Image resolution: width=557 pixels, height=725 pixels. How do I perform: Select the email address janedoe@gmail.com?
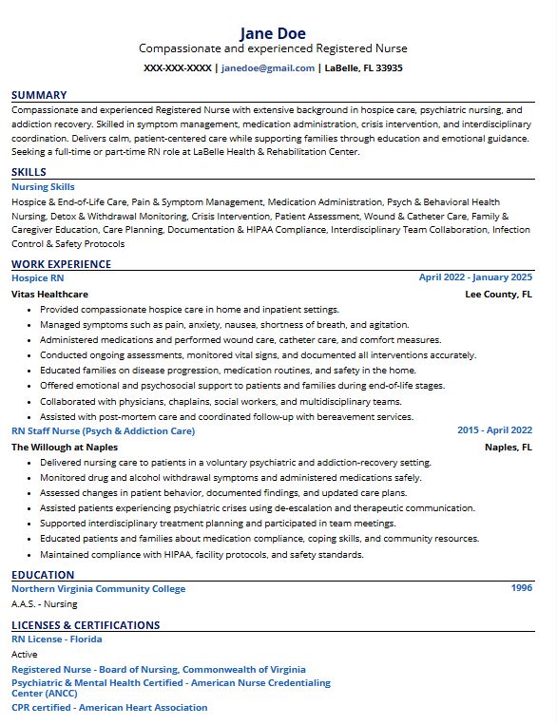click(268, 68)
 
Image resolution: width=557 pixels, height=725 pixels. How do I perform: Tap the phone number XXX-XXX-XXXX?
click(177, 68)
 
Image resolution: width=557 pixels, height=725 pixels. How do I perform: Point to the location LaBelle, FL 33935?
click(363, 68)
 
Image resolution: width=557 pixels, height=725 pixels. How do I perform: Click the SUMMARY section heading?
click(39, 95)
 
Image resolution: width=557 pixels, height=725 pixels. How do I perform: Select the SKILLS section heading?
click(29, 172)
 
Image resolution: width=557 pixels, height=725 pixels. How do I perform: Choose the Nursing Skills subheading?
click(43, 187)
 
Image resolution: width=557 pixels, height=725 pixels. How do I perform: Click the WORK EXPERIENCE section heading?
click(61, 264)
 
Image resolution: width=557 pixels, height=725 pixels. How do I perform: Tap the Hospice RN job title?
click(37, 277)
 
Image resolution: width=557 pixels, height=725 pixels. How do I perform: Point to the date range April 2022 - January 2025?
click(475, 277)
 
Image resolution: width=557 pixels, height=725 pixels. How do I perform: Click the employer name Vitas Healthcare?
click(49, 295)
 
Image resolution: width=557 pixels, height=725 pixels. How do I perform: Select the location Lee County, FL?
click(498, 295)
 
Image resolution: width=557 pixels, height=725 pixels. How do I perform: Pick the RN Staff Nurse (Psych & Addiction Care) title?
click(103, 430)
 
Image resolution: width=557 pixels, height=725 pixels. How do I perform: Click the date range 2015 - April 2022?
click(494, 430)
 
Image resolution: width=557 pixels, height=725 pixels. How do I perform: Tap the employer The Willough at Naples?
click(65, 447)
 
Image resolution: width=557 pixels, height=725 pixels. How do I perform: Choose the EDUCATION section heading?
click(43, 575)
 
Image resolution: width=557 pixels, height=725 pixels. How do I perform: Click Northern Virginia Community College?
click(99, 588)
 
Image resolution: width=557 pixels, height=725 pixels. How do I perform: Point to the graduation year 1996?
click(522, 588)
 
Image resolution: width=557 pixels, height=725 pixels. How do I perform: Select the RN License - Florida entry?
click(56, 639)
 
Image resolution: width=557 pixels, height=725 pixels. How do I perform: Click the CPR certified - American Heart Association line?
click(109, 707)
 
